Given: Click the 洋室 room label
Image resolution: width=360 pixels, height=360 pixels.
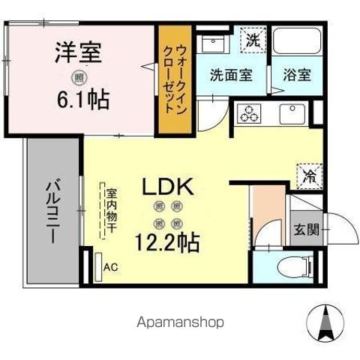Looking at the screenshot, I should click(78, 54).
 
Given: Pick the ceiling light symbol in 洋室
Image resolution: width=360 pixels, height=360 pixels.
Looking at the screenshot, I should click(78, 76).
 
